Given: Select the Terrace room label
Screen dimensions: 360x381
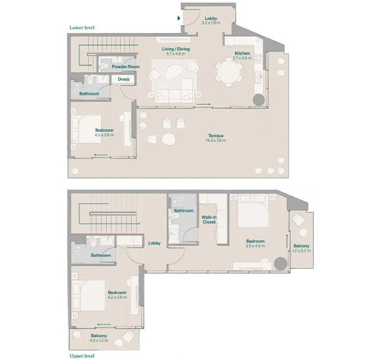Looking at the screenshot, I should tap(215, 135).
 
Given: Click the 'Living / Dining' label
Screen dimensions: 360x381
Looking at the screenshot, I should tap(175, 48).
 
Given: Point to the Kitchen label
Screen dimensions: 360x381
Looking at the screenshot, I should tap(242, 53).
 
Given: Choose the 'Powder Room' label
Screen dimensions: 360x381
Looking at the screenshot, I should tap(126, 67).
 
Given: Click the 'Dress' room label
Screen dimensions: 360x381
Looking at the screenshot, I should tap(123, 79).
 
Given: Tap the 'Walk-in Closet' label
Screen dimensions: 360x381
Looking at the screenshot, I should tap(209, 219).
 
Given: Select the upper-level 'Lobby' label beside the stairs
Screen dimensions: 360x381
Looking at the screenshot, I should tap(154, 243).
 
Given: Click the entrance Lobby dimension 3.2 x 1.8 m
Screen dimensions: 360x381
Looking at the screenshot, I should tap(211, 24).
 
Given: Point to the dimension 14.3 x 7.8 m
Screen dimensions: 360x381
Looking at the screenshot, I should tap(215, 141).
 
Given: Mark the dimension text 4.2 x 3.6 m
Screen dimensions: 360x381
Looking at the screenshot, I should tap(116, 298).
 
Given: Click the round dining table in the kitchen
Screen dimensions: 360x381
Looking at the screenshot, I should tap(230, 73).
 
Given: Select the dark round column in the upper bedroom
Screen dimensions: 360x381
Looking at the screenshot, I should tap(280, 263).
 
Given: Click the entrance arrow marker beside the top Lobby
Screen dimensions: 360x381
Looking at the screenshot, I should tap(178, 19).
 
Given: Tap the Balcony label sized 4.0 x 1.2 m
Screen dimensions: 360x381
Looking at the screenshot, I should tap(99, 336).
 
